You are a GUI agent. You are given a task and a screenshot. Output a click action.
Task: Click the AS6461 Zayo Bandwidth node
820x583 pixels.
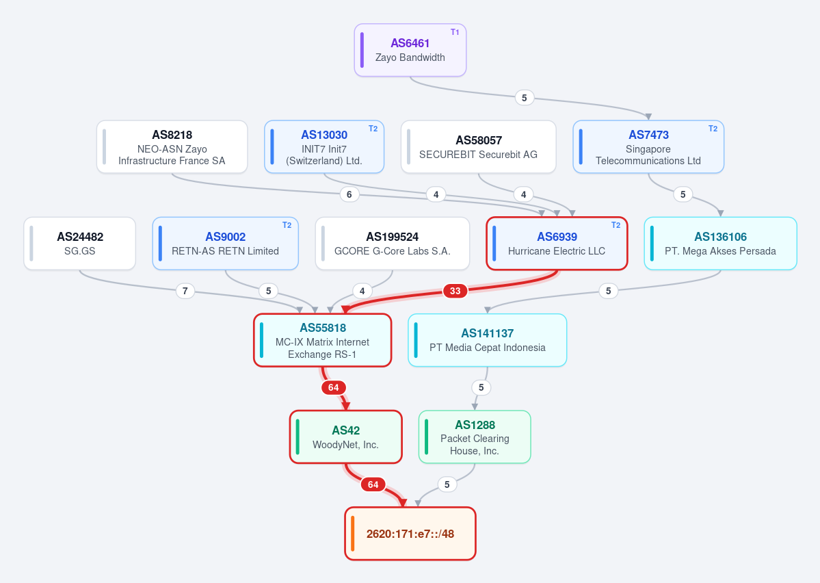pyautogui.click(x=410, y=50)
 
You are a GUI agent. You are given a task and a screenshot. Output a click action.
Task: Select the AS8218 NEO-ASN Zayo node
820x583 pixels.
pyautogui.click(x=172, y=147)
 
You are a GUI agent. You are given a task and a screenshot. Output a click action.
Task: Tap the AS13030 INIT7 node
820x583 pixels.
pyautogui.click(x=324, y=147)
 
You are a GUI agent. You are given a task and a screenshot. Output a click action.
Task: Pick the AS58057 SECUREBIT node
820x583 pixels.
pyautogui.click(x=479, y=147)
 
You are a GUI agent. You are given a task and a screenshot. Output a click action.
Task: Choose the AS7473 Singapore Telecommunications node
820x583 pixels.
pyautogui.click(x=648, y=147)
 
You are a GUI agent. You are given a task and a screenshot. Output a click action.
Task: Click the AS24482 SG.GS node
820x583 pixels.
pyautogui.click(x=79, y=244)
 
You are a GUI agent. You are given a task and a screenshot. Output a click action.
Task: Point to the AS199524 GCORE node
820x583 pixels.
pyautogui.click(x=393, y=244)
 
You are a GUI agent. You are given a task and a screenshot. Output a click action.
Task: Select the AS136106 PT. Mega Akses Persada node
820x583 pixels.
pyautogui.click(x=721, y=244)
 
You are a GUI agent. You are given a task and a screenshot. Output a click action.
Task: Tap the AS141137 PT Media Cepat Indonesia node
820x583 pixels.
pyautogui.click(x=488, y=340)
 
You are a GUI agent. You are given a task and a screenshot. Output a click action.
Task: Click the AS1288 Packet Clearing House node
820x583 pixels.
pyautogui.click(x=475, y=437)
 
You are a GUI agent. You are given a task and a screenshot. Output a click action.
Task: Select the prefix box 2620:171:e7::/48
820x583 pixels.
pyautogui.click(x=410, y=534)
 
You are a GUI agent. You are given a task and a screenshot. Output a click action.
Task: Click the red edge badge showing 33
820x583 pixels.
pyautogui.click(x=455, y=291)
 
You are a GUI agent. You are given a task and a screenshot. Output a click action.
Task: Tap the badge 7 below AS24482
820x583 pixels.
pyautogui.click(x=185, y=291)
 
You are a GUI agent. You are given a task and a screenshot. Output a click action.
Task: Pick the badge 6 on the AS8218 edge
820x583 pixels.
pyautogui.click(x=349, y=194)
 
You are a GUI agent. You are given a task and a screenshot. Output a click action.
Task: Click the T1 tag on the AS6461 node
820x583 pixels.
pyautogui.click(x=455, y=32)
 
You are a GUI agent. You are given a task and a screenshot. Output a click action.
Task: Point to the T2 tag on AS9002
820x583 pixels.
pyautogui.click(x=287, y=225)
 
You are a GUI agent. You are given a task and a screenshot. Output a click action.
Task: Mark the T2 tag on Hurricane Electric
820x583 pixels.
pyautogui.click(x=616, y=225)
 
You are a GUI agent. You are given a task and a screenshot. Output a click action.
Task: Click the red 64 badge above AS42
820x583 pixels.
pyautogui.click(x=333, y=388)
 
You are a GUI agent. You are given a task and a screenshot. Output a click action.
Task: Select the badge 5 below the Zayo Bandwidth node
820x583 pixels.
pyautogui.click(x=525, y=98)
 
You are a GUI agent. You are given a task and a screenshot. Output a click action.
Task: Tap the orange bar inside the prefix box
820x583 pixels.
pyautogui.click(x=353, y=534)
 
